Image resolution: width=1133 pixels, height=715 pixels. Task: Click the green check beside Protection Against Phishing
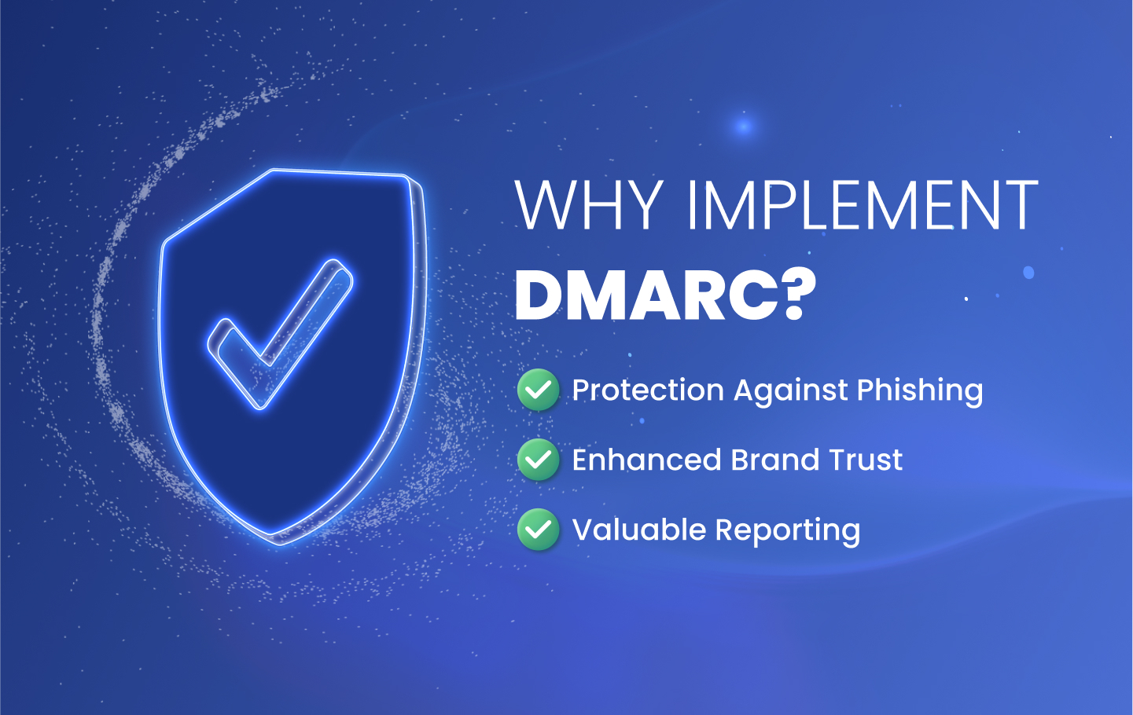tap(538, 390)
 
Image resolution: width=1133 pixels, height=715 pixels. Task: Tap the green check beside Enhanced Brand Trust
tap(538, 460)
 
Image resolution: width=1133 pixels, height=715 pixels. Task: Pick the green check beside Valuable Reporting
tap(538, 529)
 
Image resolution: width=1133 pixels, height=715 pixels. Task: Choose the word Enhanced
tap(646, 460)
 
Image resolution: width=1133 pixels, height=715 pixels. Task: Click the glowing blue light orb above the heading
tap(744, 126)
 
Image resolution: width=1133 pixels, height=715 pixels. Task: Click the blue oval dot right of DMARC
tap(1028, 273)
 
